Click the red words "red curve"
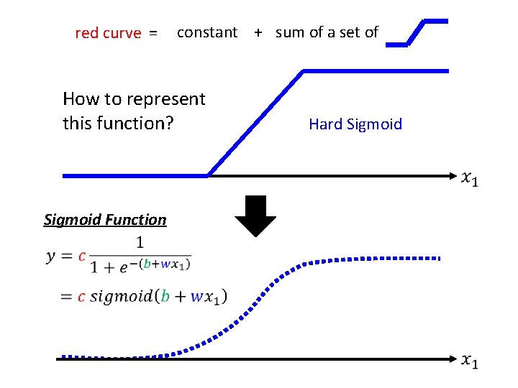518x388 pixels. coord(108,33)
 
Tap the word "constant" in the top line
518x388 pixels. coord(206,32)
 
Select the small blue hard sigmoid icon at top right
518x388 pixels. coord(417,32)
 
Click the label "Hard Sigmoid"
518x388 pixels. coord(355,124)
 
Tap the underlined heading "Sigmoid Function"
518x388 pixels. coord(105,220)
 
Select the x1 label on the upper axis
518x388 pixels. coord(470,178)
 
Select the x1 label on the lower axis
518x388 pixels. coord(470,361)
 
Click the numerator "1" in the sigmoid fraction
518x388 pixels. coord(139,242)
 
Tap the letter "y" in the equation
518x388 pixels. coord(51,257)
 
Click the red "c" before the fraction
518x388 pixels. coord(83,256)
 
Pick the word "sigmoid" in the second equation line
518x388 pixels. coord(122,296)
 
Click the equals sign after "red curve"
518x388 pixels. coord(153,33)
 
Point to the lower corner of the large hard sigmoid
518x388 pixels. coord(209,175)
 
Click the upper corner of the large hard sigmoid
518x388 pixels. coord(304,71)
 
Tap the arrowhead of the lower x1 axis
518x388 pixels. coord(454,358)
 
